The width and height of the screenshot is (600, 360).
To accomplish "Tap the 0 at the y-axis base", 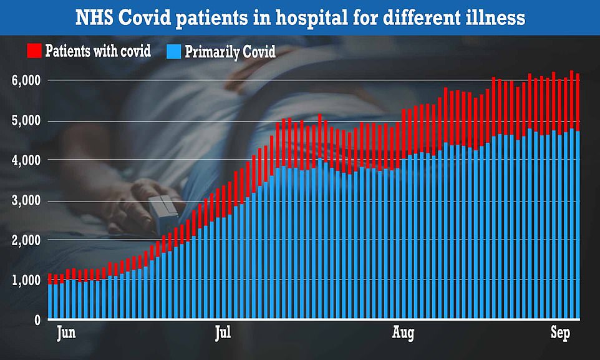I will click(38, 320).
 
